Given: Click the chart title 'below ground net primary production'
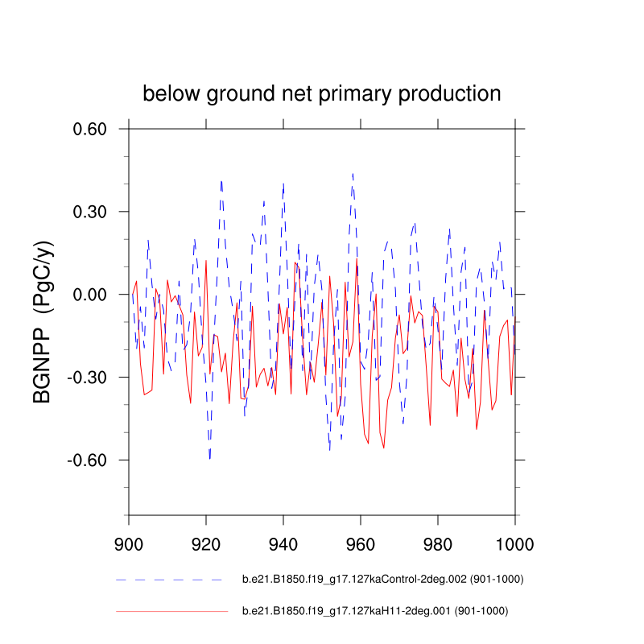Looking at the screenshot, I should coord(322,93).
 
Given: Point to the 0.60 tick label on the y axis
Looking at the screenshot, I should coord(95,129).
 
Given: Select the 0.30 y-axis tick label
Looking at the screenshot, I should coord(95,212).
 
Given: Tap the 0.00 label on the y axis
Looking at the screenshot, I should coord(95,295).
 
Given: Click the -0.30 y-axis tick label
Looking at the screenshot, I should coord(92,378).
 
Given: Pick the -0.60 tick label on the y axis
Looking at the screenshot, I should coord(92,460).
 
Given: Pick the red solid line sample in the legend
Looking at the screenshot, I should coord(171,612).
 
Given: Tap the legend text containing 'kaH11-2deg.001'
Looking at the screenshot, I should coord(375,612).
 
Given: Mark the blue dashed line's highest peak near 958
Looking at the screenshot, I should coord(353,173).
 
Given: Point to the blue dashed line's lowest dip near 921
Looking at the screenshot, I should coord(210,459).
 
